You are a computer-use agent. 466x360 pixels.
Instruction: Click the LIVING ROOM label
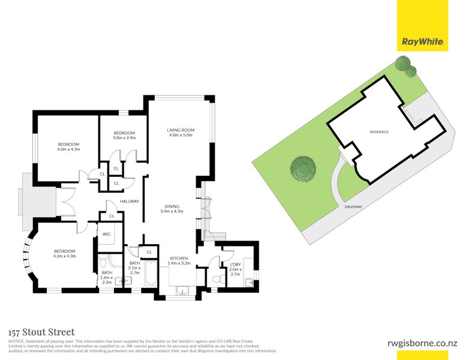[181, 133]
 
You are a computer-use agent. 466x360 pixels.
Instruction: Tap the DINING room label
[170, 209]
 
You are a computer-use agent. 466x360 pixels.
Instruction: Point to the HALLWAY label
[130, 201]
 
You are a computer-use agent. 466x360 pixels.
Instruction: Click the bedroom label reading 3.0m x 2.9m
[124, 135]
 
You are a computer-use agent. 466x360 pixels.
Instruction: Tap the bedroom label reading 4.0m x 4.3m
[68, 146]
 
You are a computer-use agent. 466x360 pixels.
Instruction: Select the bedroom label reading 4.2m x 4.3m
[65, 254]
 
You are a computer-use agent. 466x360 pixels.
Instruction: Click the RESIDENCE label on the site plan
[379, 132]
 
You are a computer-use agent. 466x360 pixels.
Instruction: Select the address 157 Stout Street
[41, 332]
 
